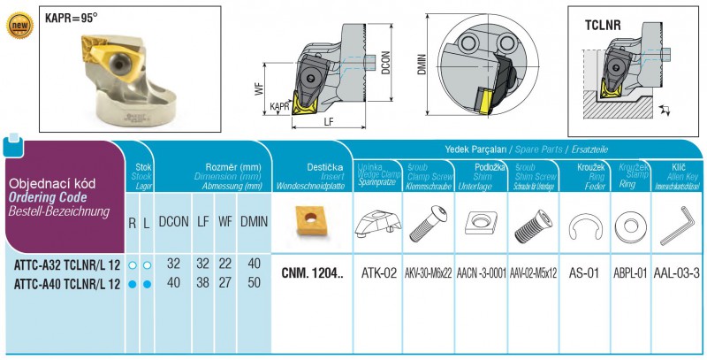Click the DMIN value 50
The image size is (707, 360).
254,283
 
